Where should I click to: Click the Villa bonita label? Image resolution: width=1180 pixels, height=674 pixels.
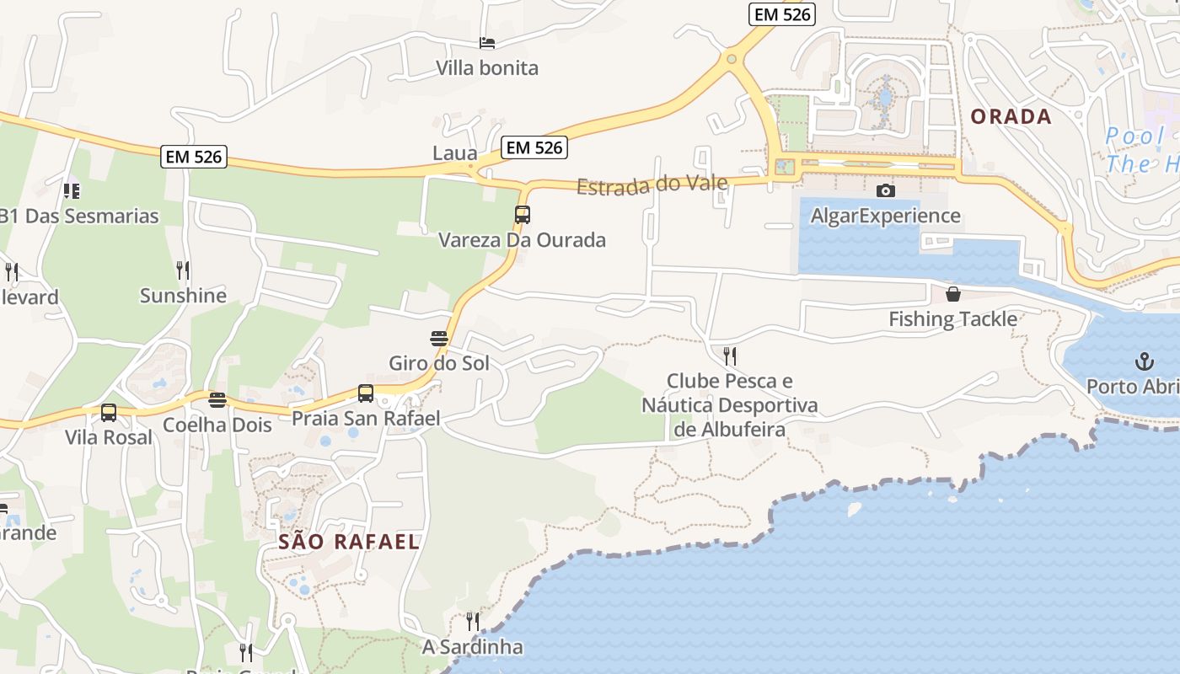tap(487, 68)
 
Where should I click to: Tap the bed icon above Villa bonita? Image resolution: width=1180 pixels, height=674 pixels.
tap(487, 42)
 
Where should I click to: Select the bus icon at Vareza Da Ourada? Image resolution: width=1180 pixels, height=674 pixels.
tap(523, 215)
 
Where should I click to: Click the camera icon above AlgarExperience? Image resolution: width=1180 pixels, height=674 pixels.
tap(885, 191)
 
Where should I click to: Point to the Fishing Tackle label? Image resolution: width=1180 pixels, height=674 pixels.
tap(952, 319)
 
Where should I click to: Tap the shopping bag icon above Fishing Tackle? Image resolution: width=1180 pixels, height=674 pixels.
tap(952, 294)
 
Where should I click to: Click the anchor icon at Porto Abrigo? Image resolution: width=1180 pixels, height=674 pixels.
tap(1144, 362)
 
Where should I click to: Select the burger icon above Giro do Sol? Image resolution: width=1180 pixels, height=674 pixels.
tap(439, 339)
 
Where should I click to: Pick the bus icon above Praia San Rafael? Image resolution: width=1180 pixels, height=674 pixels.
tap(366, 393)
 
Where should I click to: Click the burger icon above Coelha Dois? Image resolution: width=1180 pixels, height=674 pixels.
tap(217, 399)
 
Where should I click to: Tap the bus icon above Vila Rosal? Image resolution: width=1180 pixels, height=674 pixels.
tap(109, 413)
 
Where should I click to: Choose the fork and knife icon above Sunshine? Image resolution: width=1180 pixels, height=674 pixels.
tap(183, 270)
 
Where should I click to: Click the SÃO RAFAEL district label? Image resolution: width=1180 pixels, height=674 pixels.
tap(349, 542)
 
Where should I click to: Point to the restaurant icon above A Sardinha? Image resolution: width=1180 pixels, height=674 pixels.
tap(473, 622)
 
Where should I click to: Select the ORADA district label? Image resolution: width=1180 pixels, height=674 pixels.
tap(1011, 117)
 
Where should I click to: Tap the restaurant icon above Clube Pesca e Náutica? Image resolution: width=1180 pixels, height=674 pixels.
tap(730, 356)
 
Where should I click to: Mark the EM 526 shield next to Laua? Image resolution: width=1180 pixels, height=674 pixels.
tap(534, 147)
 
